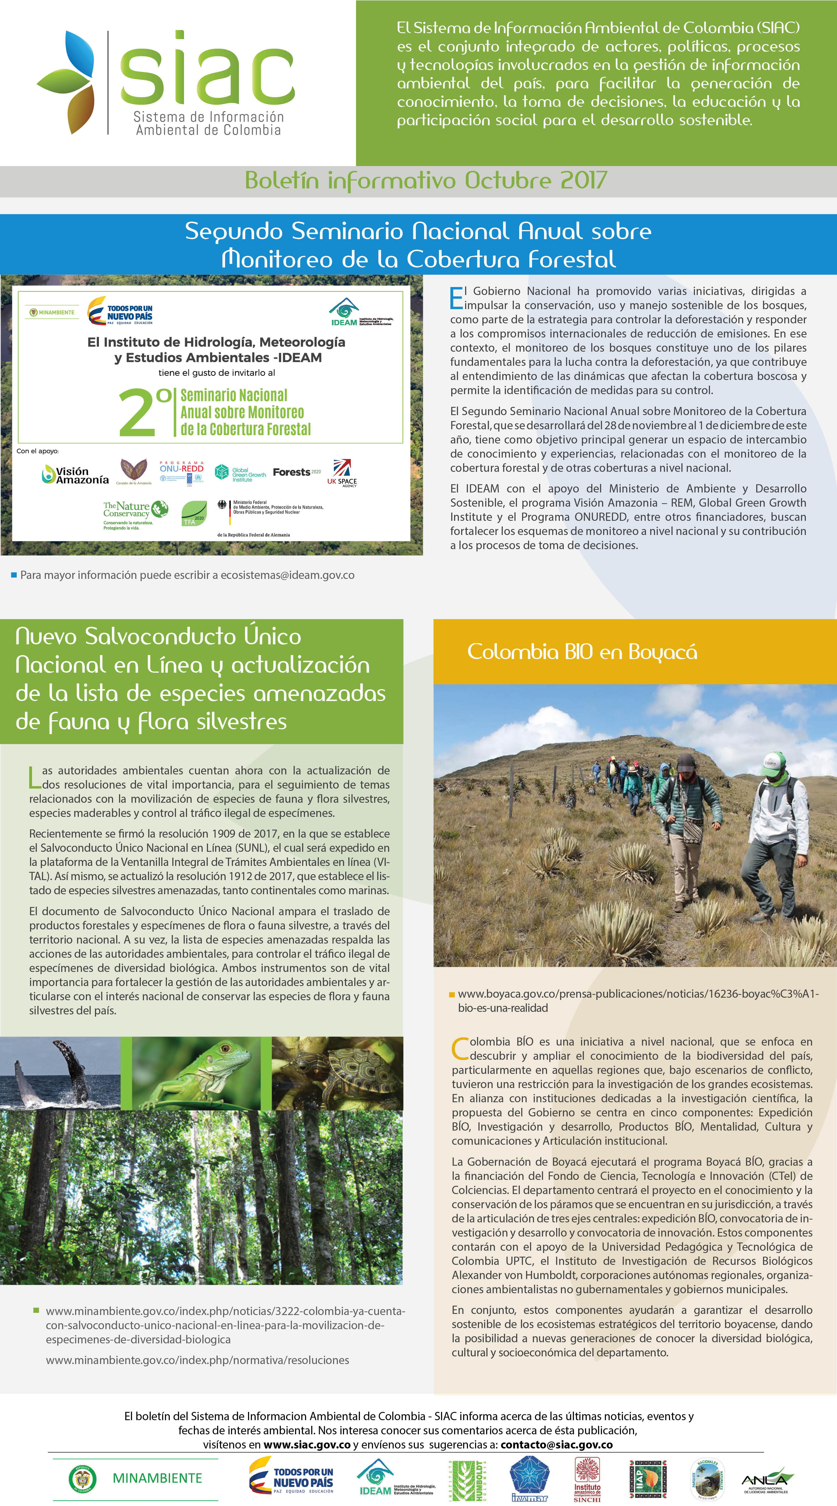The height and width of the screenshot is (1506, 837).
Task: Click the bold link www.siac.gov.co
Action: point(307,1445)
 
